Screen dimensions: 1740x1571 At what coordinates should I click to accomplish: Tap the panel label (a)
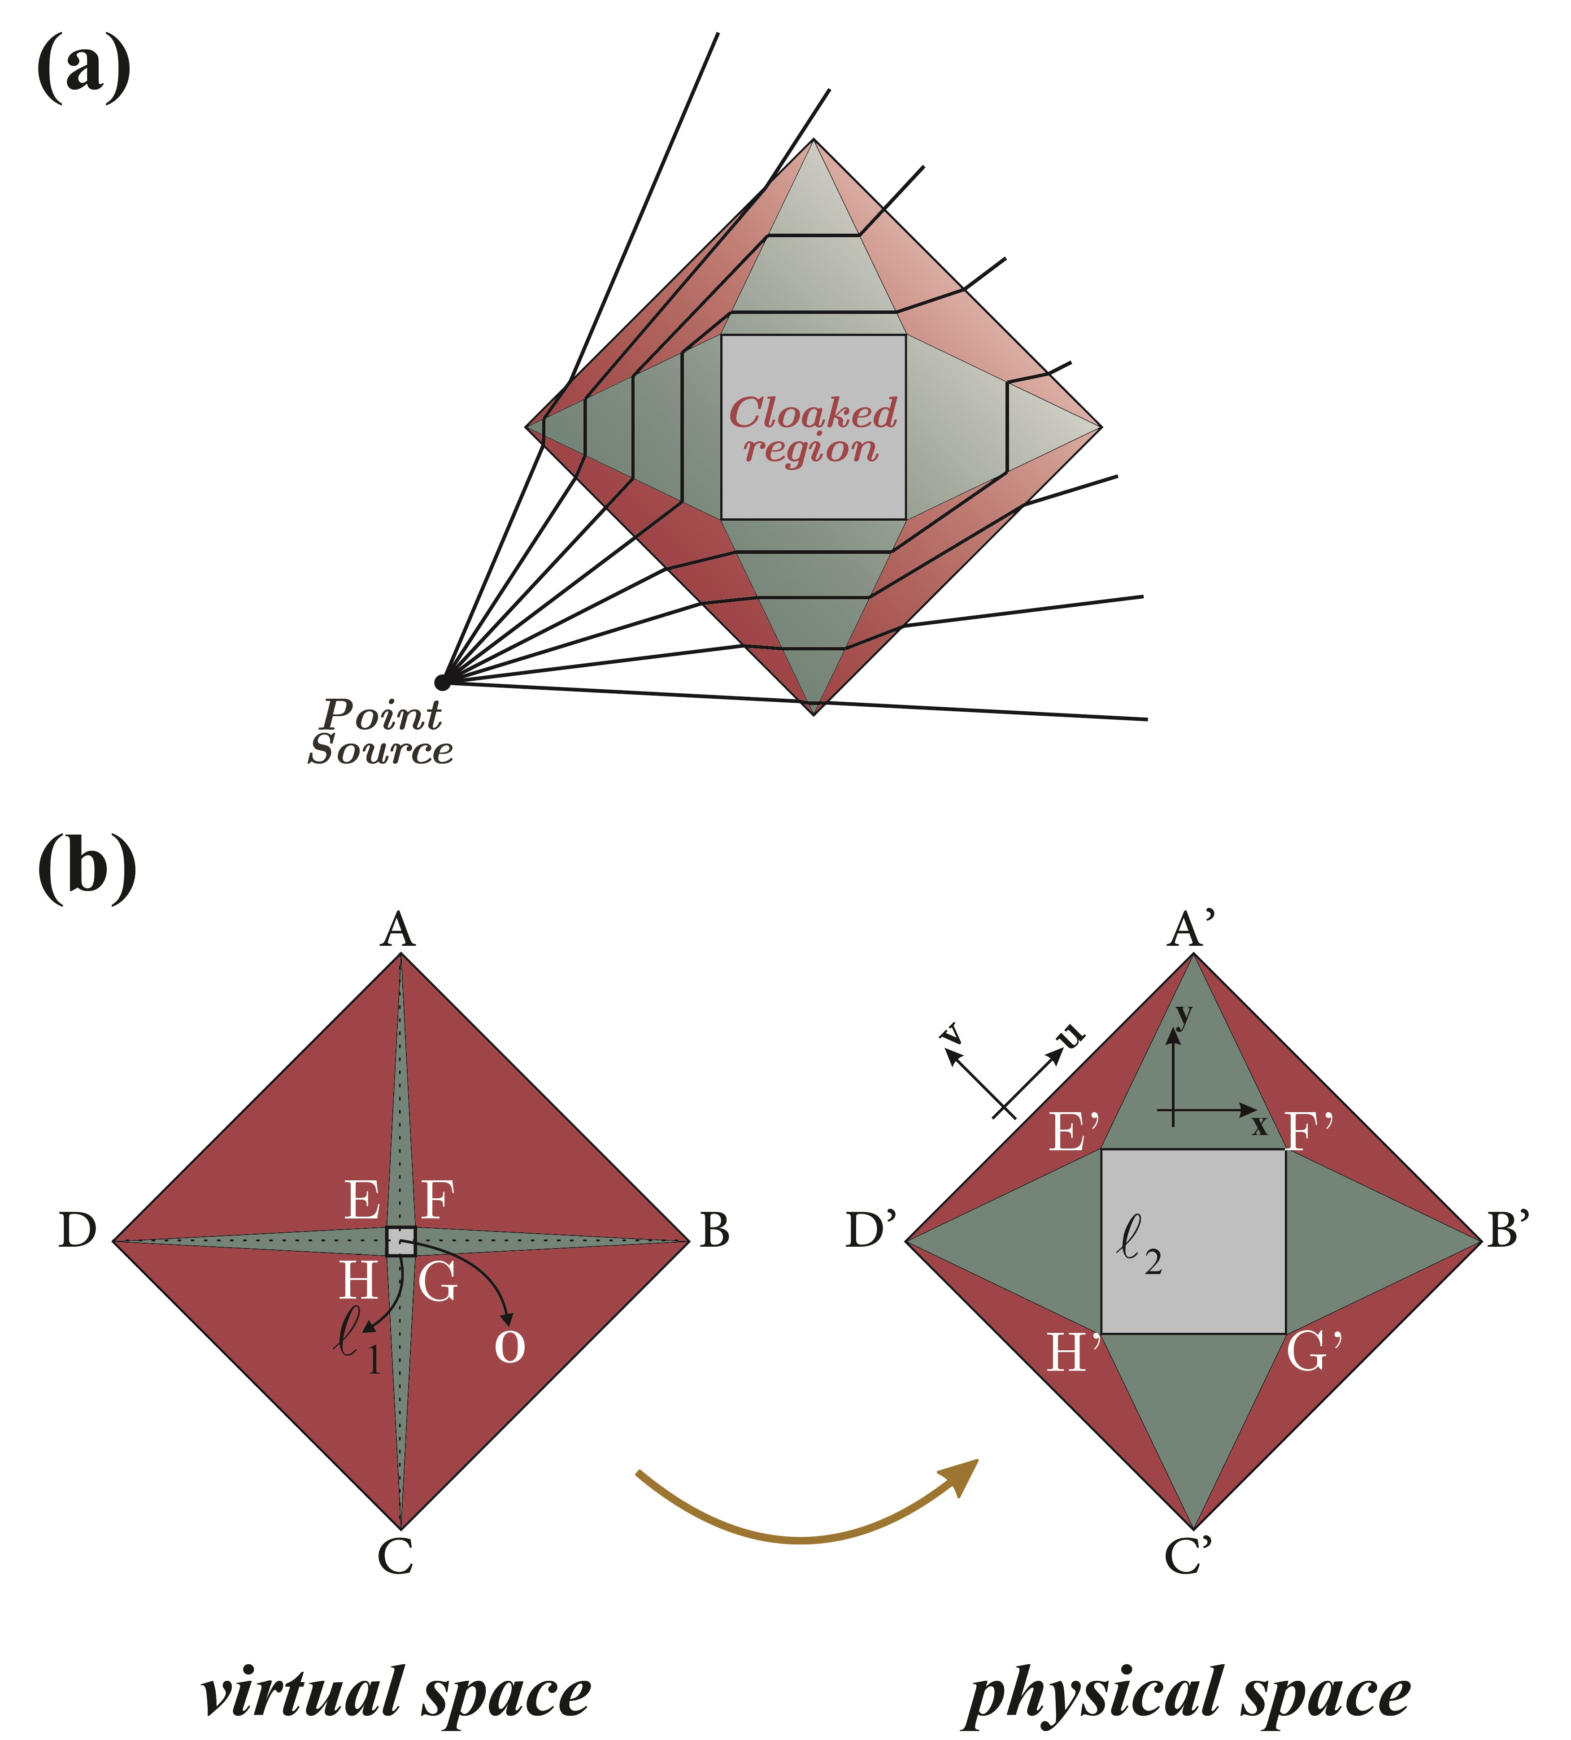(84, 69)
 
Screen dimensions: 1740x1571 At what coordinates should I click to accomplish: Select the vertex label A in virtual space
(398, 931)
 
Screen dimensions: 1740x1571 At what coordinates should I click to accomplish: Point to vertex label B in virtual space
(714, 1231)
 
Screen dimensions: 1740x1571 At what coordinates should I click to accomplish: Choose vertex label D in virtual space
(77, 1231)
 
